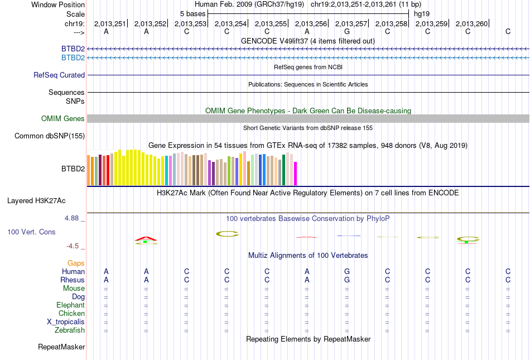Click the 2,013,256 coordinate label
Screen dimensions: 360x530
click(x=311, y=23)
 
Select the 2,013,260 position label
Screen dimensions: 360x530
click(x=471, y=23)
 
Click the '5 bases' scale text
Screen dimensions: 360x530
click(x=192, y=13)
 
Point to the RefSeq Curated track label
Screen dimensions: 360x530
click(x=59, y=75)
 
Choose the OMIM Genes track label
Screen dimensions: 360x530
click(x=63, y=118)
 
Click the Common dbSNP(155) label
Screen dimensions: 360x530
click(x=50, y=136)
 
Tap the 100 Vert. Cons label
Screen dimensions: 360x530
click(x=31, y=232)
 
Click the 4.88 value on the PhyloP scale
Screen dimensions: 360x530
click(x=72, y=218)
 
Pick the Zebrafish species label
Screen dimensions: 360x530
click(x=70, y=330)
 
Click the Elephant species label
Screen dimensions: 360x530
click(x=70, y=305)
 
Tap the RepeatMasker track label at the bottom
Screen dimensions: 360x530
click(x=61, y=347)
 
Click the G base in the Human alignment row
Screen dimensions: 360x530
click(x=347, y=271)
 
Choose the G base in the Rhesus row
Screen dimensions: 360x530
click(x=347, y=280)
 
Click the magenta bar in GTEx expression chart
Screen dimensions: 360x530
click(x=295, y=174)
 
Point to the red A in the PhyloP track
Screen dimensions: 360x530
click(x=146, y=238)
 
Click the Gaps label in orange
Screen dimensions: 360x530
click(x=76, y=263)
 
